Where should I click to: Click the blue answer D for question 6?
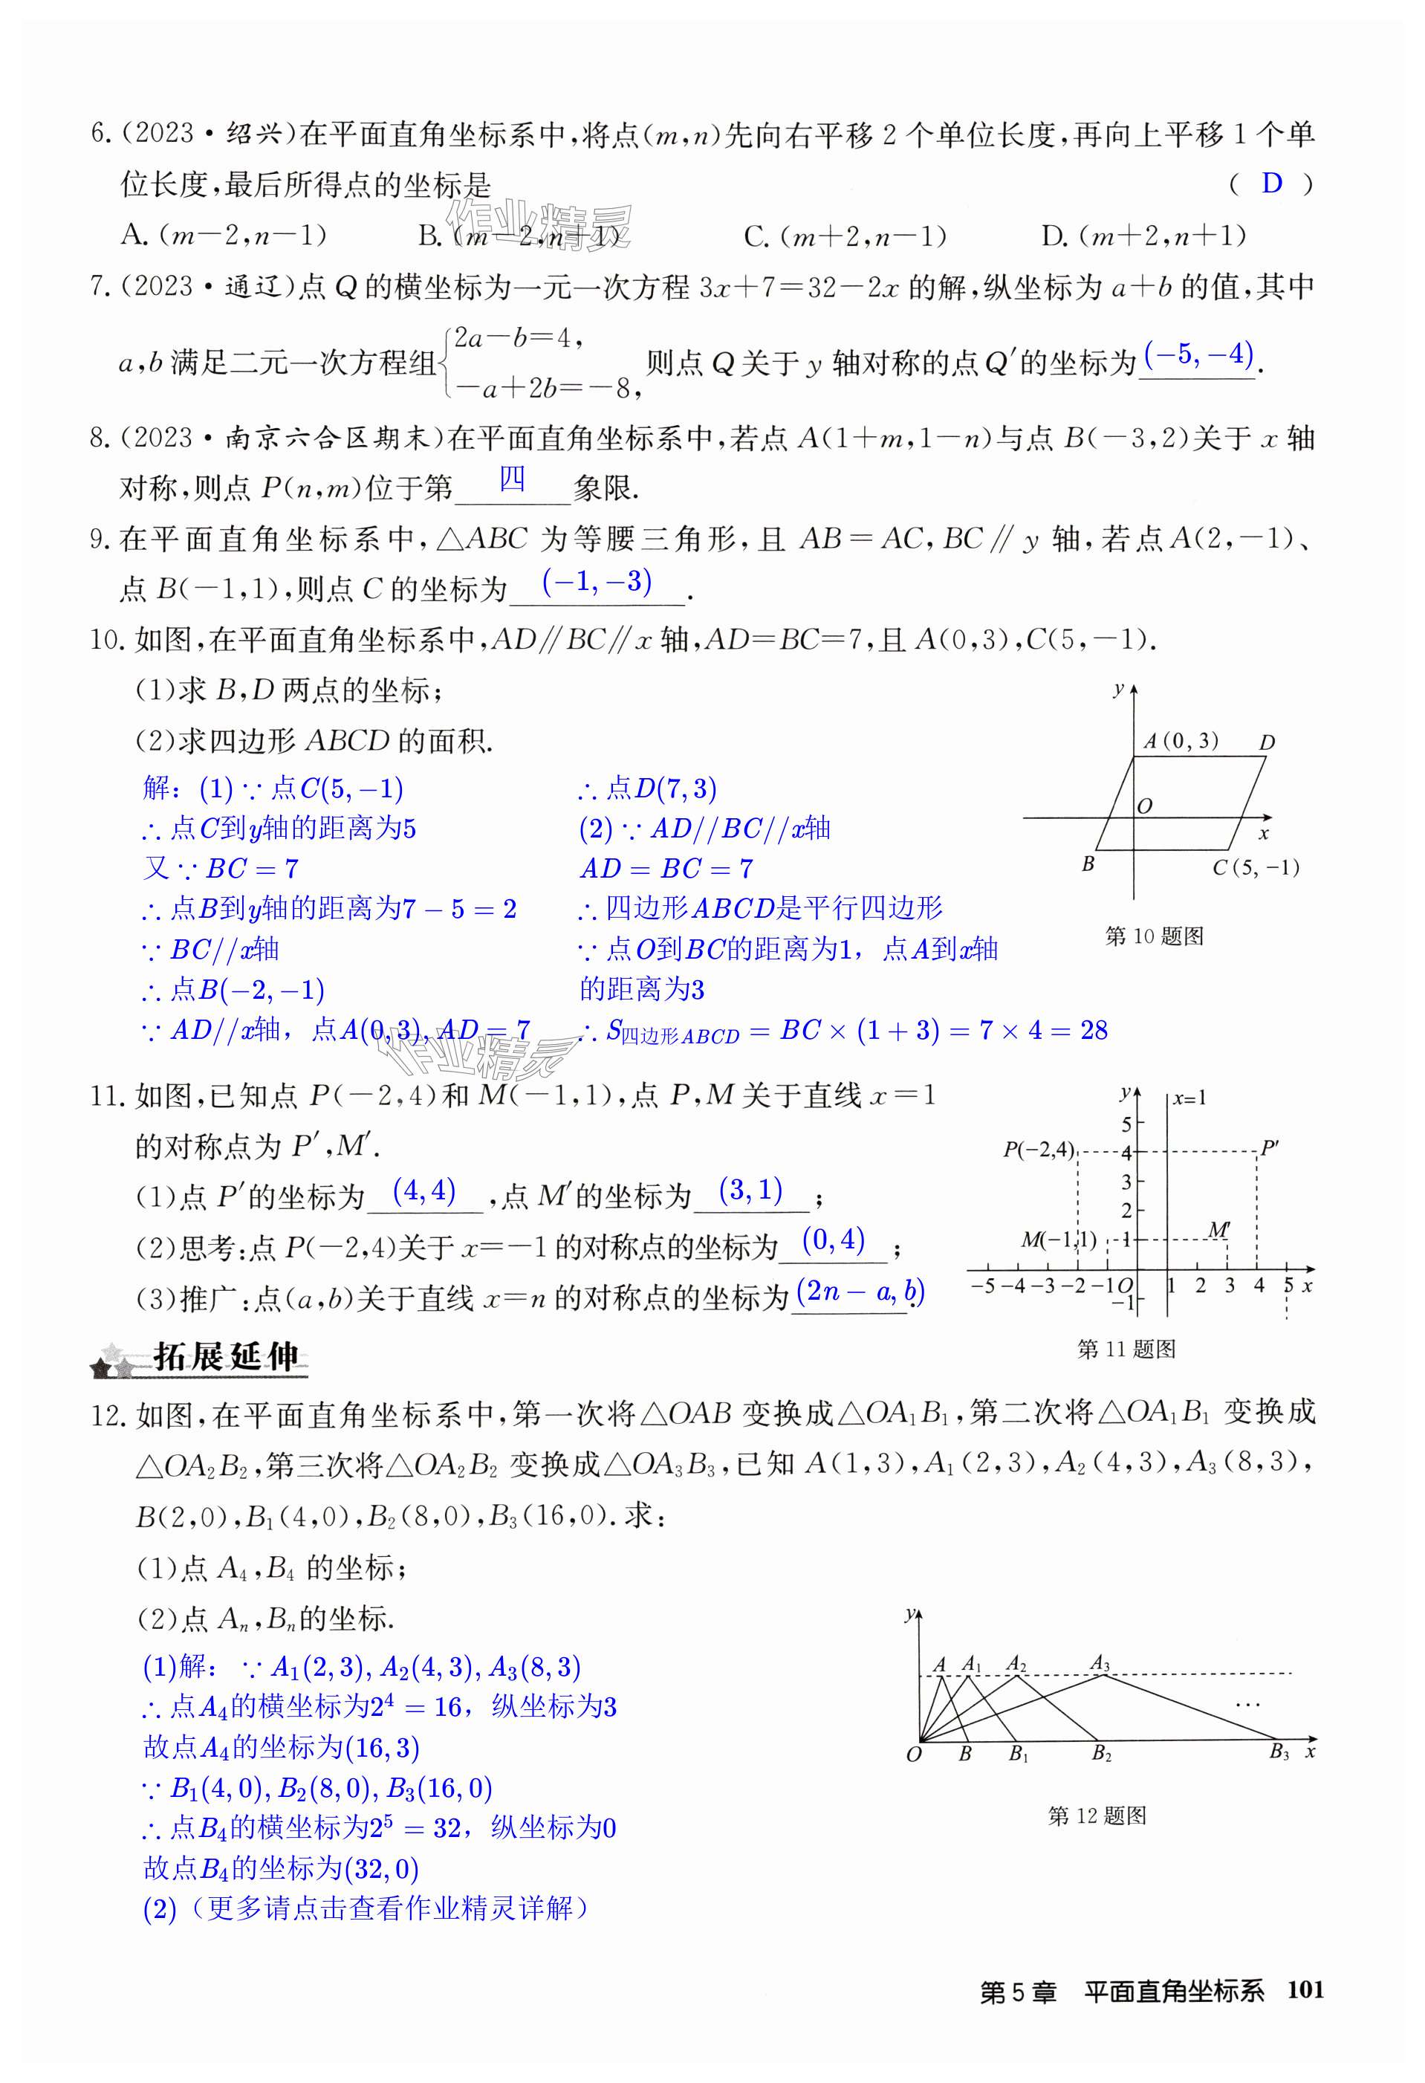point(1271,184)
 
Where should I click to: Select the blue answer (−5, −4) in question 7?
point(1198,355)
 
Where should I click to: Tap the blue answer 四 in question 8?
point(512,479)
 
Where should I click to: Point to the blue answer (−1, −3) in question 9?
point(597,582)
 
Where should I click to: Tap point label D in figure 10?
point(1266,742)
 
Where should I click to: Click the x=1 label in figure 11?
point(1189,1098)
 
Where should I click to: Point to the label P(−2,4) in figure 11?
point(1038,1149)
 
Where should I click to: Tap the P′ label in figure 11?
point(1269,1148)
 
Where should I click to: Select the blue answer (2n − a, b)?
point(860,1292)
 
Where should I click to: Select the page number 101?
point(1305,1990)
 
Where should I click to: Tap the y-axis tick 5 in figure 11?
point(1126,1124)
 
